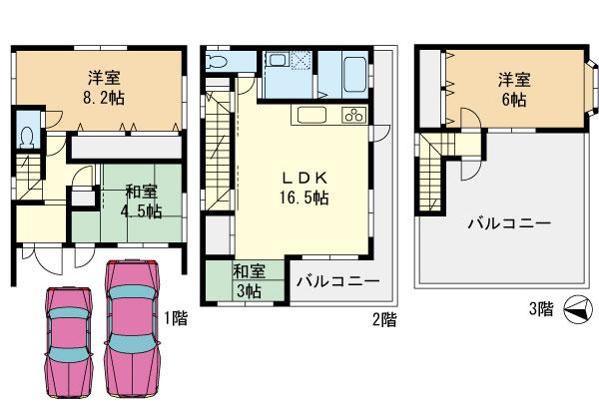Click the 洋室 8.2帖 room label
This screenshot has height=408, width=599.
coord(96,88)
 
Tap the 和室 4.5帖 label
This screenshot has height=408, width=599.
coord(139,200)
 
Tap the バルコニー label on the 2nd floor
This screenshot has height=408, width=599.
coord(336,281)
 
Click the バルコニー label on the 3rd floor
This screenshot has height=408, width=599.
coord(507,224)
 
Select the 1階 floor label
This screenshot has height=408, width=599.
coord(177,318)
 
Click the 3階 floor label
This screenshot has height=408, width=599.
coord(540,310)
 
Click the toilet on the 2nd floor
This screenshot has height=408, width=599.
coord(217,63)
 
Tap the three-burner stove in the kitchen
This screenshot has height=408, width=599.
coord(353,115)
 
